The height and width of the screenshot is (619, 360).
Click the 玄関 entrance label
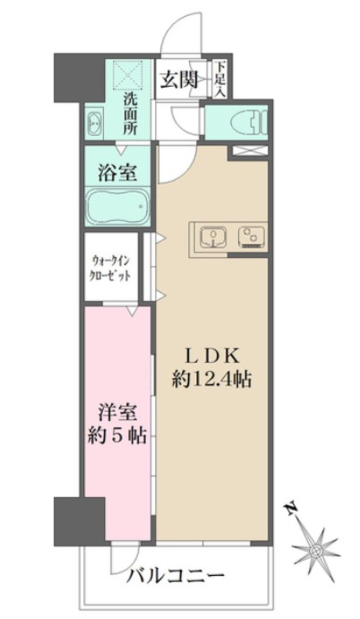coord(179,80)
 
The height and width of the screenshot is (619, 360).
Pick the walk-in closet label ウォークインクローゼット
coord(112,268)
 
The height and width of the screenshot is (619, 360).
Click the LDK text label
coord(211,352)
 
